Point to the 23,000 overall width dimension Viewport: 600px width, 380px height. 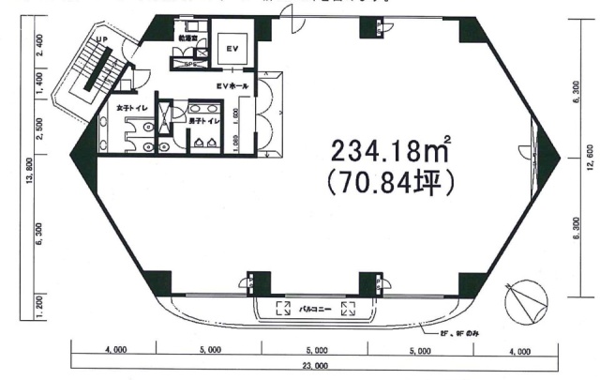click(x=315, y=365)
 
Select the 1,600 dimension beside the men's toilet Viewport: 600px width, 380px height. click(x=238, y=118)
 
